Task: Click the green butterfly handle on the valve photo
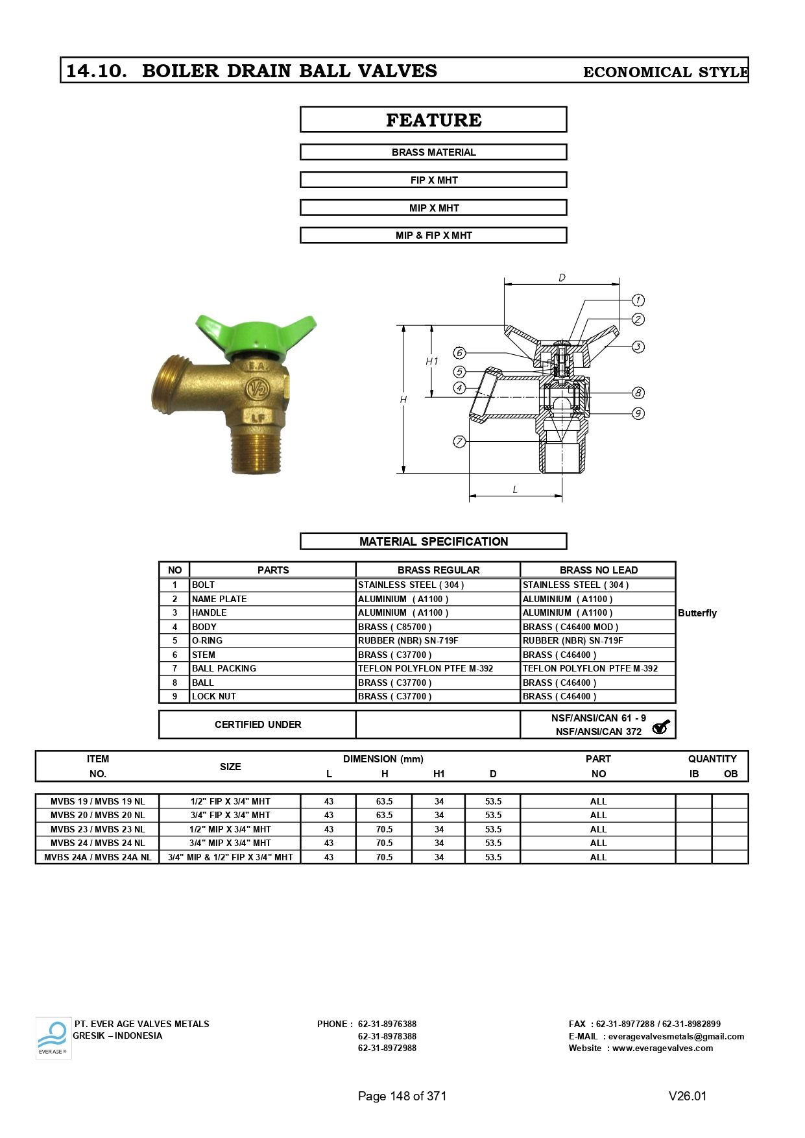pos(256,336)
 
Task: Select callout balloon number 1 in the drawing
pos(638,300)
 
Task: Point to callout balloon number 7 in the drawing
pos(459,442)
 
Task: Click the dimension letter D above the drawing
pos(562,278)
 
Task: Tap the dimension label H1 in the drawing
pos(432,361)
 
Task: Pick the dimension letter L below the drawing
pos(515,490)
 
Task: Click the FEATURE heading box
pos(433,120)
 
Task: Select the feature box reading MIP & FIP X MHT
pos(433,236)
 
